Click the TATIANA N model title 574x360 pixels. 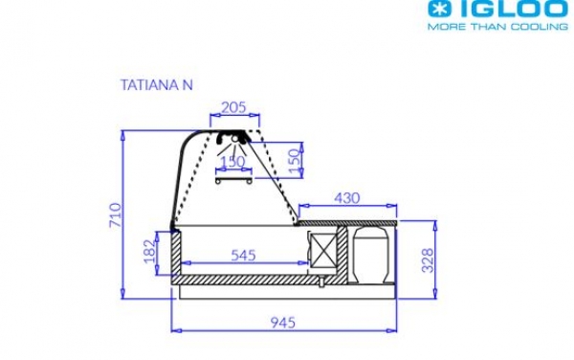pyautogui.click(x=157, y=84)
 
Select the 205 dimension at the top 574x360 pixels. pyautogui.click(x=234, y=107)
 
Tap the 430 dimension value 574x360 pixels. pyautogui.click(x=347, y=198)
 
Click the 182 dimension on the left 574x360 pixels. pyautogui.click(x=149, y=252)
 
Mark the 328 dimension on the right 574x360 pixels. pyautogui.click(x=427, y=259)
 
